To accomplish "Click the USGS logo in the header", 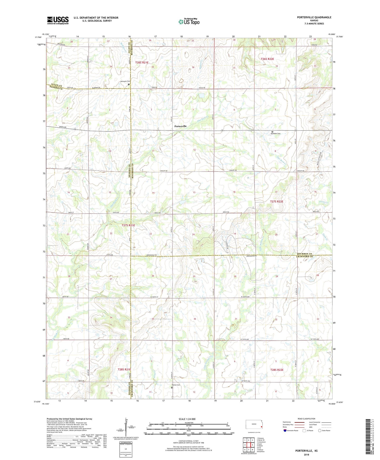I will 58,20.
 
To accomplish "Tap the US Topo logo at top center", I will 189,21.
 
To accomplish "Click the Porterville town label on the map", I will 180,126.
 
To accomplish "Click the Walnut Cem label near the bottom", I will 176,385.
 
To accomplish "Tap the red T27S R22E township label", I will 277,202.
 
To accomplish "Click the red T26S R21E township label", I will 142,62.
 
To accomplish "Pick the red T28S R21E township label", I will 124,370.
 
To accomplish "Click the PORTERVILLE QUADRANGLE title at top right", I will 310,17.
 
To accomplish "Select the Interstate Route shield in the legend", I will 285,430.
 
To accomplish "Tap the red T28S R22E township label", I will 277,370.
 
